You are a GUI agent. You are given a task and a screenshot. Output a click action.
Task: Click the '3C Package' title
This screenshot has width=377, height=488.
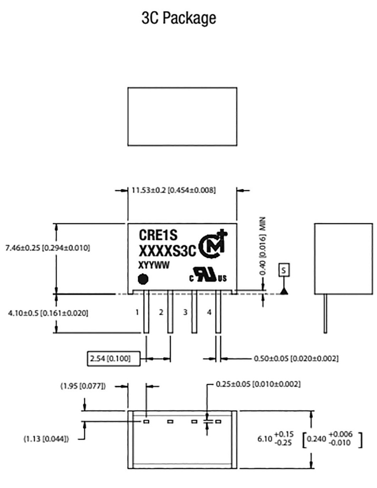(179, 18)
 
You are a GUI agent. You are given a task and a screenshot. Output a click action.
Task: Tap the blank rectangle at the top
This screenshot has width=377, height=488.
(183, 116)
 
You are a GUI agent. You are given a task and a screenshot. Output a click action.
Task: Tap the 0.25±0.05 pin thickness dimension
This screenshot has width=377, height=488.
(258, 384)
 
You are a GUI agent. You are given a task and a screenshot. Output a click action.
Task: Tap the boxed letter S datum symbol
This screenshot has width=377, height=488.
(284, 270)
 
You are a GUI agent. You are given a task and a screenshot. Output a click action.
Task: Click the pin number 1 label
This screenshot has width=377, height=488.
(137, 313)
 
